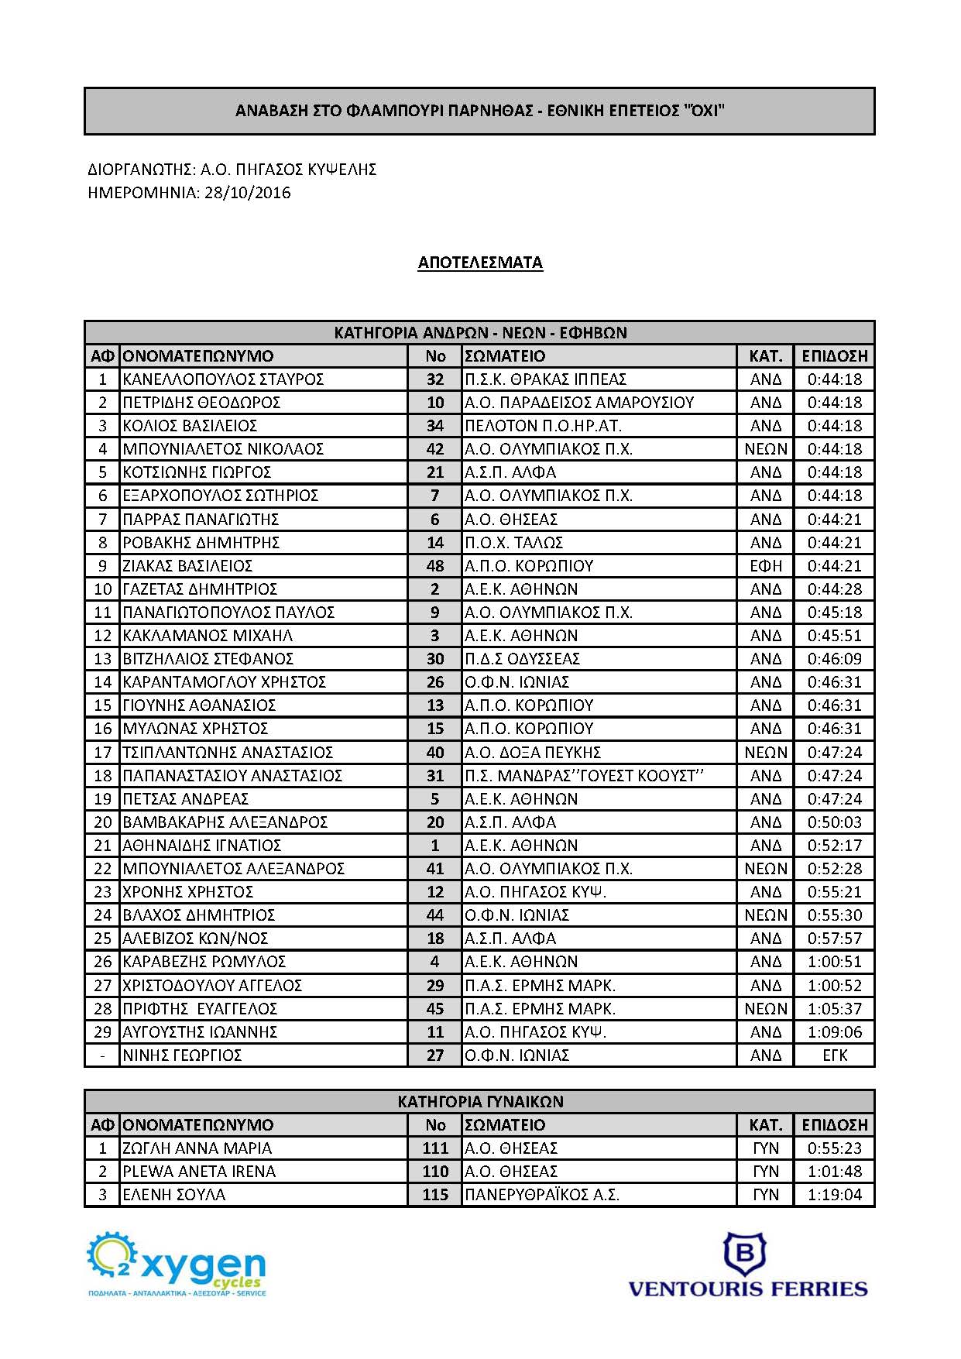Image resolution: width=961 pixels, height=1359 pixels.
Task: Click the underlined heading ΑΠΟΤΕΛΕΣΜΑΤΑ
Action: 480,263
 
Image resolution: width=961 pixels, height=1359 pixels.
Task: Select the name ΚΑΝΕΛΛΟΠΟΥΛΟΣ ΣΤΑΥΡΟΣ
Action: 223,379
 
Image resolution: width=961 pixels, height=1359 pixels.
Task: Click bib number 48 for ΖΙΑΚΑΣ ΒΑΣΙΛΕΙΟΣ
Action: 435,566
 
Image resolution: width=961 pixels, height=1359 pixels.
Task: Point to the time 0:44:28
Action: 834,589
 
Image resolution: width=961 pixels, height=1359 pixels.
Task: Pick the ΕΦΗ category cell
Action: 765,566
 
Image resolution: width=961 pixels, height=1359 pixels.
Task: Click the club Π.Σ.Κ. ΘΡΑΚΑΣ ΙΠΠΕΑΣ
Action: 545,379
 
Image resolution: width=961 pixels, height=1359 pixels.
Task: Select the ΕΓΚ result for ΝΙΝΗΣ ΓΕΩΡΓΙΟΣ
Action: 834,1055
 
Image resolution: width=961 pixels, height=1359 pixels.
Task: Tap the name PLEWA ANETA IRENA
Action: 199,1172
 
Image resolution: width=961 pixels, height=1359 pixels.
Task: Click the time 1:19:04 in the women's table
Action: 834,1195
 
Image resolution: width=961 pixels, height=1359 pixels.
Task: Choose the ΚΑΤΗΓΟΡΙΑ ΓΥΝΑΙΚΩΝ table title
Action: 480,1101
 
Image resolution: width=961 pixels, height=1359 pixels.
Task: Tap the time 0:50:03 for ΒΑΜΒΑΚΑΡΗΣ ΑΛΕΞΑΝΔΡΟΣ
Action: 834,822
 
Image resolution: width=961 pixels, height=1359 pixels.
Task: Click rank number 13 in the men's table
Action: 102,659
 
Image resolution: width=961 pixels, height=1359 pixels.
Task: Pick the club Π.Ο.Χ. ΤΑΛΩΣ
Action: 513,543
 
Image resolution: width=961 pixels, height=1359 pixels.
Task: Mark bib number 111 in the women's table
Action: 435,1148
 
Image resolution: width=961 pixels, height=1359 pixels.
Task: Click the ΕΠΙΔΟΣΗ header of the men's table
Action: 834,356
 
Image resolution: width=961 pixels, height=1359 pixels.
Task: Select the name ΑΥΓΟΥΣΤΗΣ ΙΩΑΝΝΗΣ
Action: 200,1032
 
